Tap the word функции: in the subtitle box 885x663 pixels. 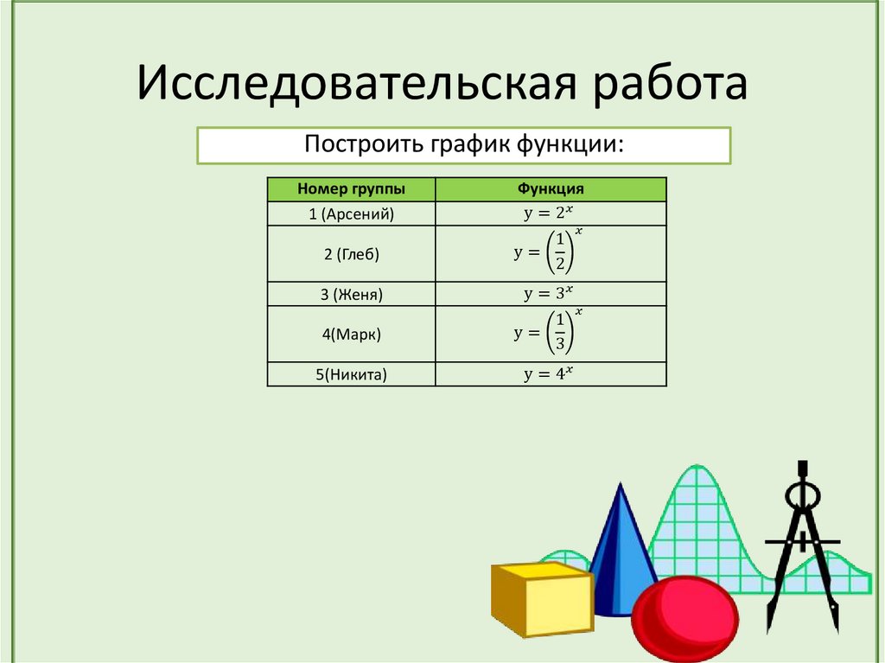point(570,144)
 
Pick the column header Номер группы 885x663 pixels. point(351,189)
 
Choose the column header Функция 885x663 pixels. point(551,189)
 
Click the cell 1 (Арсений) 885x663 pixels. point(351,214)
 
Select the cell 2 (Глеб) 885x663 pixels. point(351,254)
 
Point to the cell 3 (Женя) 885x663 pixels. point(351,294)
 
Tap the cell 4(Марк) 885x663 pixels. point(351,334)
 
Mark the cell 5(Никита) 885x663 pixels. point(351,374)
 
